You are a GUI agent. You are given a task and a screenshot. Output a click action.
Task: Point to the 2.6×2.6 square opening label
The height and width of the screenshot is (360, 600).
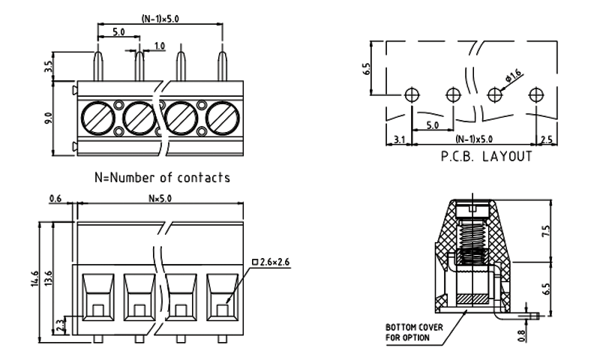tap(274, 262)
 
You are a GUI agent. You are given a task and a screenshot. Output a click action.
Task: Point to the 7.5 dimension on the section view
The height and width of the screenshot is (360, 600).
tap(545, 230)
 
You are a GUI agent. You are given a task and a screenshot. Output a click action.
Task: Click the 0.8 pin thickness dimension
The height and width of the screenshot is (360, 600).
tap(521, 327)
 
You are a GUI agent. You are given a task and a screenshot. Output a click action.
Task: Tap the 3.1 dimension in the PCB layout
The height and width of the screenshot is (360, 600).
tap(399, 139)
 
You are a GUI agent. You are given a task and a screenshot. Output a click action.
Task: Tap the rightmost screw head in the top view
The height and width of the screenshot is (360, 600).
tap(222, 118)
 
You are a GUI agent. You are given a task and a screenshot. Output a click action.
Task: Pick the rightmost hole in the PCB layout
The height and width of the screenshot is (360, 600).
tap(535, 95)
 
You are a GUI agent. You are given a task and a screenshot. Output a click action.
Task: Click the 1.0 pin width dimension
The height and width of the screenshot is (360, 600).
tap(159, 47)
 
